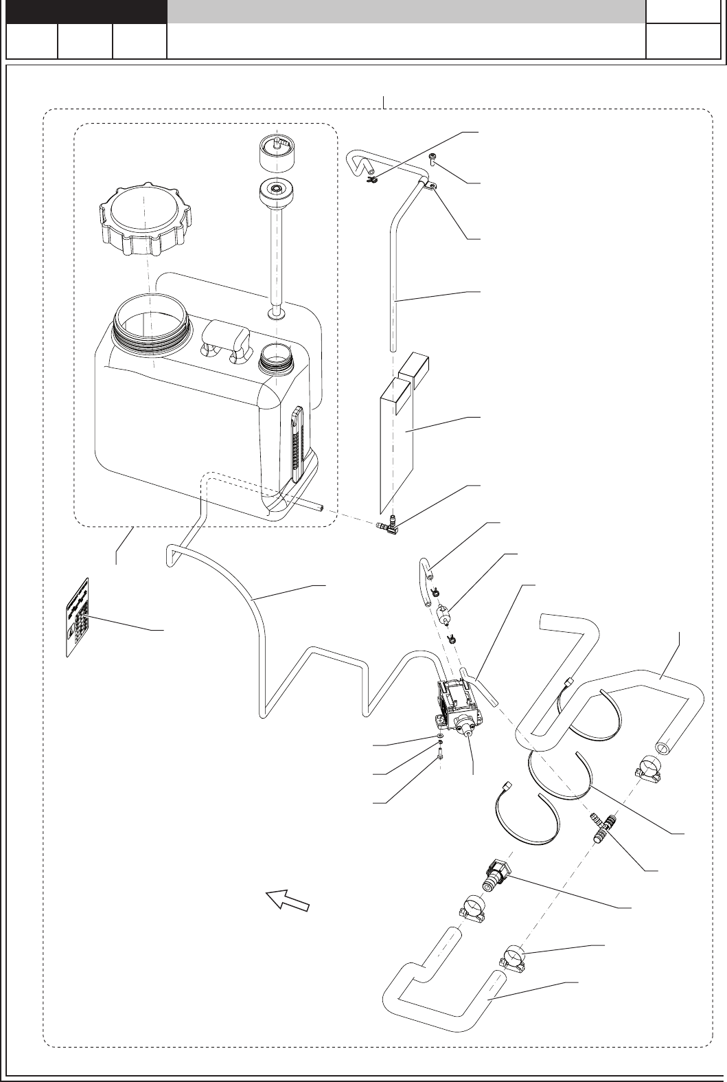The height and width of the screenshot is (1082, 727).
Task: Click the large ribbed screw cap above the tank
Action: point(141,219)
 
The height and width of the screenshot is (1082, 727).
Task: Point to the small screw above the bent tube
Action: point(434,159)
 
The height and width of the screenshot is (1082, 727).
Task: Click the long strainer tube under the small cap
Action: point(278,254)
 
